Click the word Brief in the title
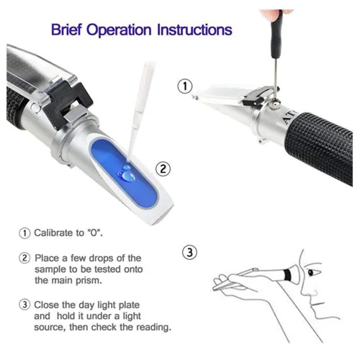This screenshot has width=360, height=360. click(x=66, y=30)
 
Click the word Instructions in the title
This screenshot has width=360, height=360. click(x=194, y=30)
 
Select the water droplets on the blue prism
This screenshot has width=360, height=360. click(x=127, y=174)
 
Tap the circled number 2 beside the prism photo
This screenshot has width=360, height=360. click(x=163, y=169)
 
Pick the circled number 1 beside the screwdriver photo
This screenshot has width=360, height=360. click(x=185, y=86)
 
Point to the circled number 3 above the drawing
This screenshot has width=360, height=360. click(x=189, y=253)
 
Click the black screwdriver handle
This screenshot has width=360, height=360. click(x=276, y=36)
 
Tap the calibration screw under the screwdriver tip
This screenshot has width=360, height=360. click(x=274, y=104)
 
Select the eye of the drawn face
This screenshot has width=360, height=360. click(x=312, y=272)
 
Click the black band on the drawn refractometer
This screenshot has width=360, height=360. click(x=287, y=275)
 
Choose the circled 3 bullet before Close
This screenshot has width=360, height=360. click(x=24, y=305)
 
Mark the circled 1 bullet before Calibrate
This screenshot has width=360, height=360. click(x=24, y=233)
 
